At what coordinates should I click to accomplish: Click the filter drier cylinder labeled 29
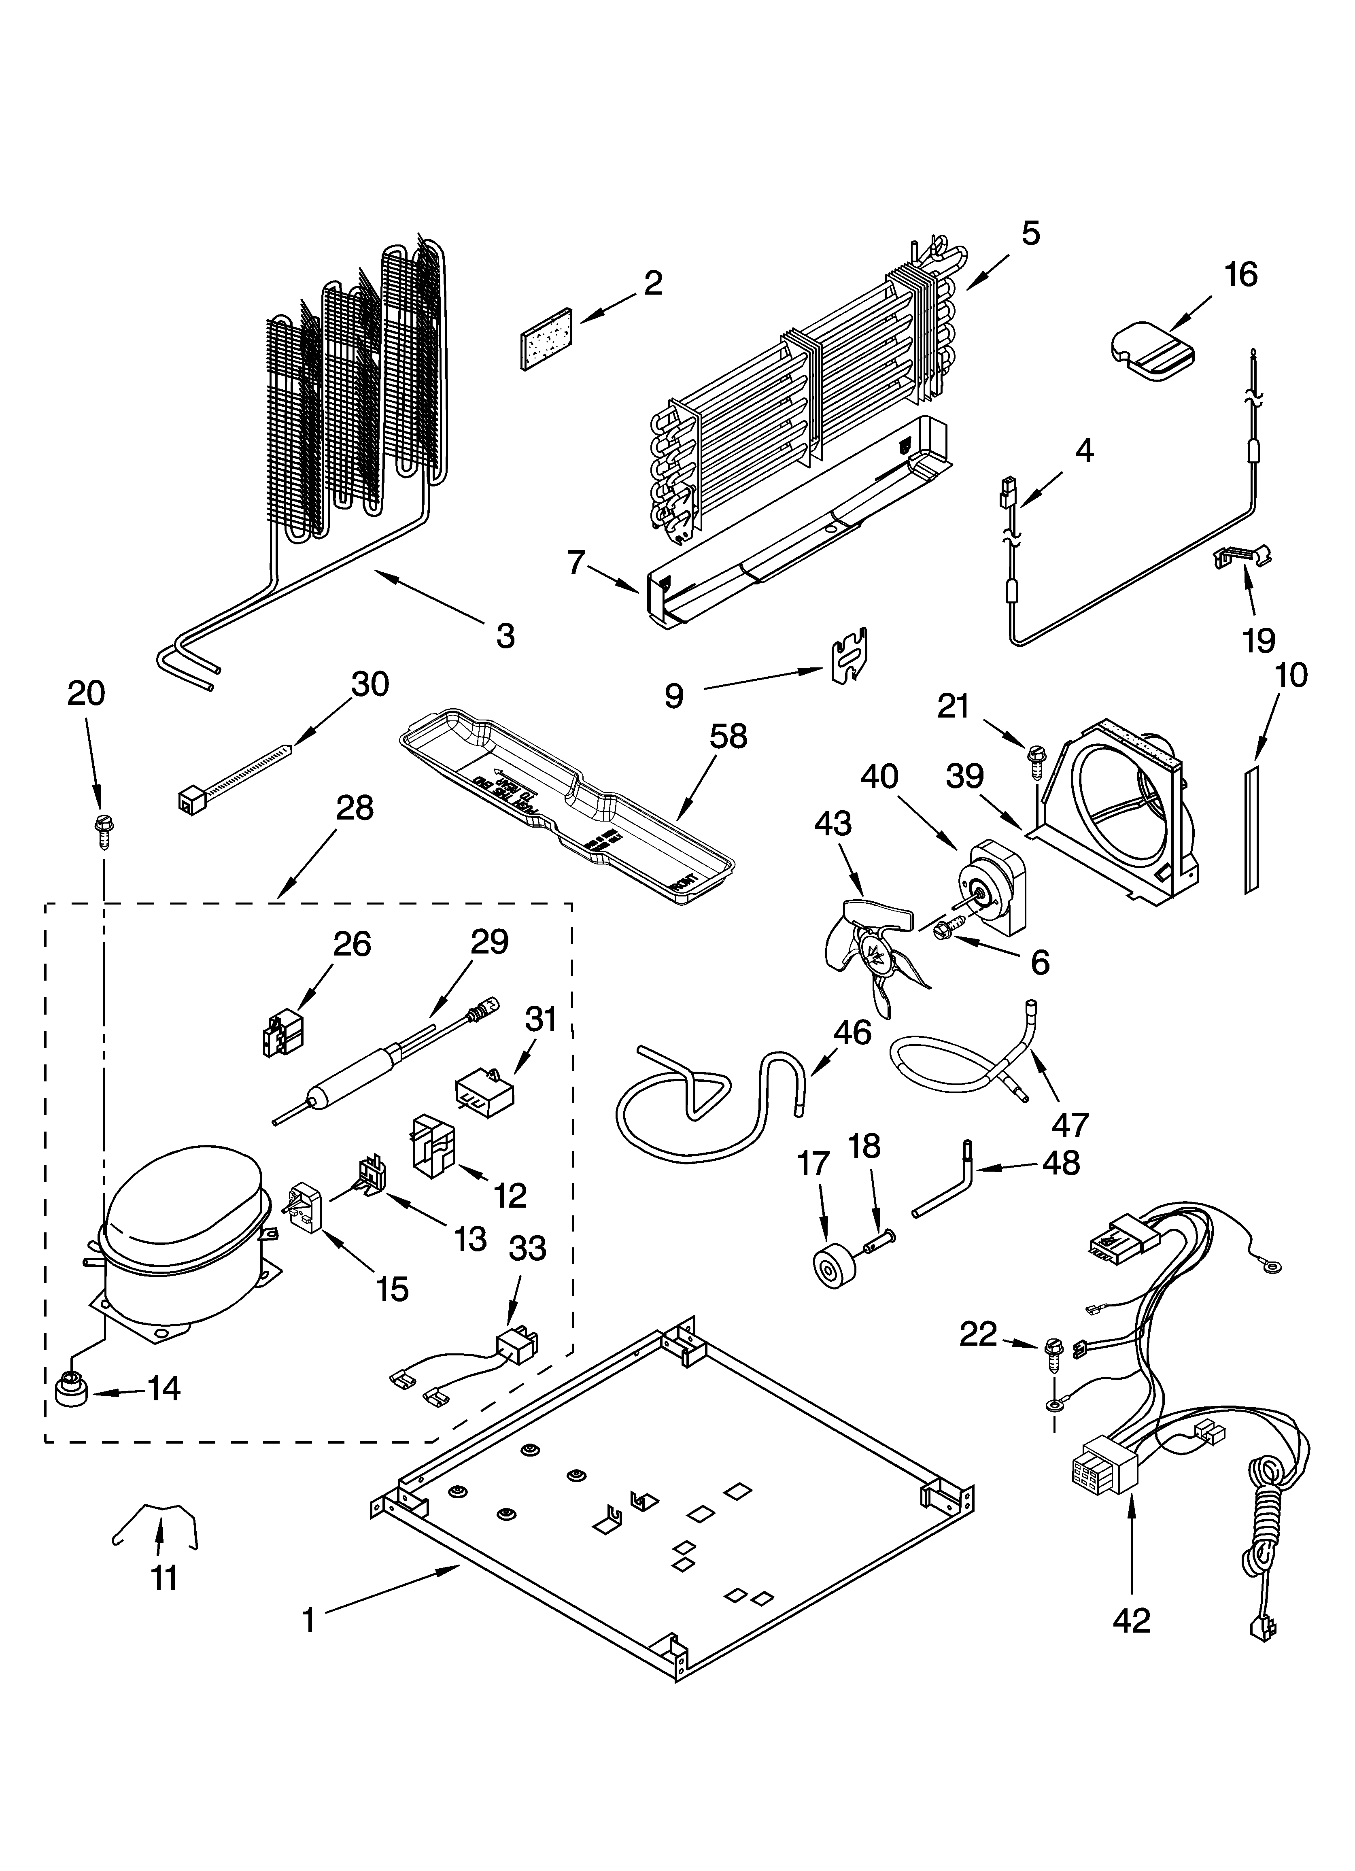(x=351, y=1083)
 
